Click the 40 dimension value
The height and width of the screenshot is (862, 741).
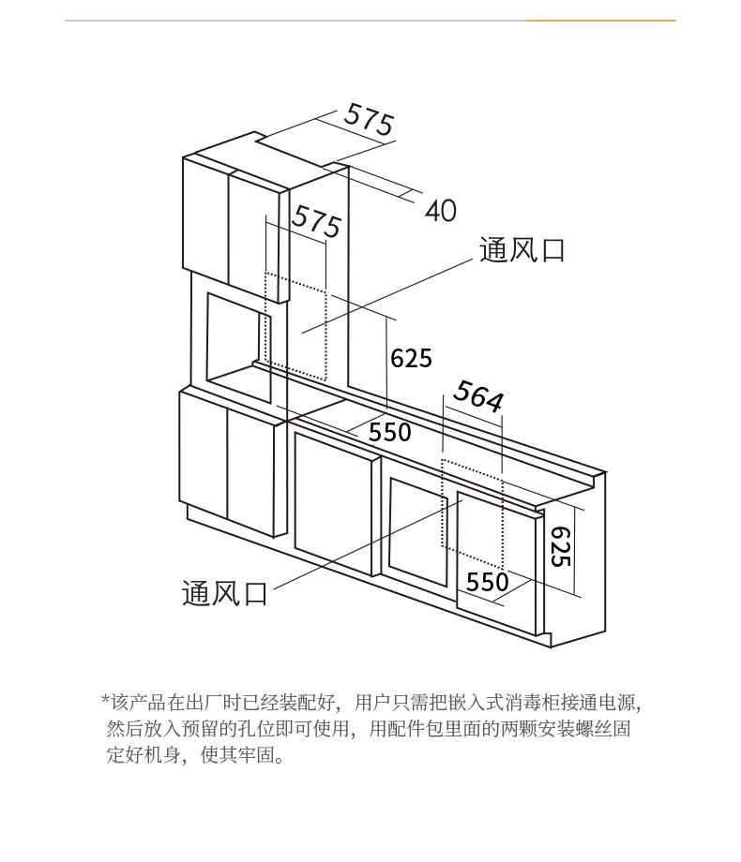pos(441,211)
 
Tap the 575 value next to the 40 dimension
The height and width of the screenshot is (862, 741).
pos(369,119)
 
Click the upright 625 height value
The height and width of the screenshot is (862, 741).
pos(411,358)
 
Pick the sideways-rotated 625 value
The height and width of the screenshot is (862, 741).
pos(559,544)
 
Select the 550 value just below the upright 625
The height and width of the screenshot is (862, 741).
pos(389,432)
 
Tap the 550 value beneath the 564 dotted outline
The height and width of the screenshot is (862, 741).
pos(487,582)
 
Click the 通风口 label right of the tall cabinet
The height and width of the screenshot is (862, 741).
pos(522,250)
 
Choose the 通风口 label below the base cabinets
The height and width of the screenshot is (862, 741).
pos(224,593)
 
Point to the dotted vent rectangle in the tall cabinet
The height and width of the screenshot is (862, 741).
pos(295,323)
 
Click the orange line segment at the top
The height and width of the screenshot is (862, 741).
pos(600,21)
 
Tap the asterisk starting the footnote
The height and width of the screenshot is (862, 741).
pos(105,701)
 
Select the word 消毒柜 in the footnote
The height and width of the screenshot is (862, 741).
pos(538,702)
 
